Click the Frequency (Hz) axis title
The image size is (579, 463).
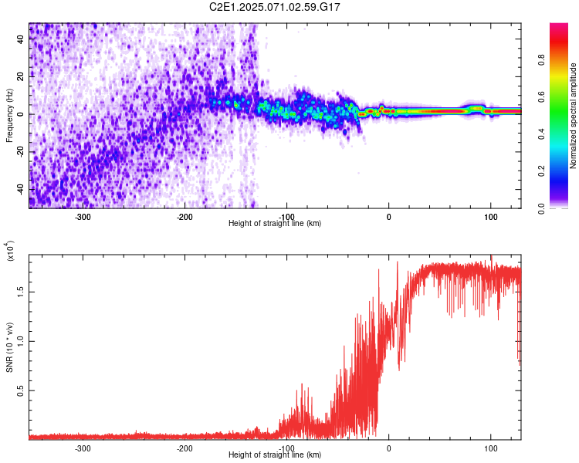click(x=10, y=115)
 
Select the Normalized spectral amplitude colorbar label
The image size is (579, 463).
click(x=574, y=116)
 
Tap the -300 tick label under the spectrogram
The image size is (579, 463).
click(x=83, y=217)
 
